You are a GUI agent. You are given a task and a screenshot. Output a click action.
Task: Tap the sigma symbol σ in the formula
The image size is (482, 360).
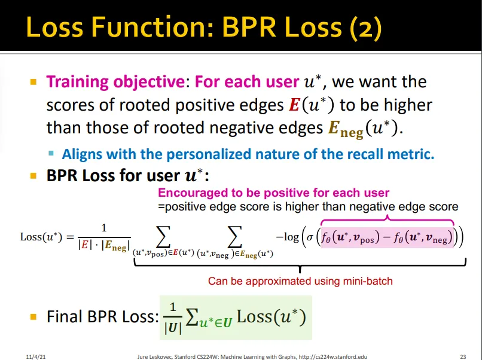tap(310, 237)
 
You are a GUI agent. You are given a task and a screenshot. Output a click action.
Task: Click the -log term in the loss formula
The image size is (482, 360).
tap(288, 237)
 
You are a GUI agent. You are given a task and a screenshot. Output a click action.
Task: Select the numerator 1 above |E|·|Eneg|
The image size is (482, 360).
tap(104, 228)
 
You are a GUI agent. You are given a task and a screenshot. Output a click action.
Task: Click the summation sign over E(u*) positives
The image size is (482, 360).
tap(163, 236)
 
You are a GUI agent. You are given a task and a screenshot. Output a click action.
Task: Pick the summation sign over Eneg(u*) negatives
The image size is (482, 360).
tap(234, 236)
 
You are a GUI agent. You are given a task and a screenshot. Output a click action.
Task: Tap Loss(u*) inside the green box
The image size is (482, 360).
tap(271, 317)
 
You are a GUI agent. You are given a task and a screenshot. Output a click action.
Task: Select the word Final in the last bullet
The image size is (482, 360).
tap(65, 317)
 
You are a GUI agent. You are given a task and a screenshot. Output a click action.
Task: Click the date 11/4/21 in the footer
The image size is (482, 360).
tap(36, 356)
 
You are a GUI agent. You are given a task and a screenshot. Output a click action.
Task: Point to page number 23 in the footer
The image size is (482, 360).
tap(463, 356)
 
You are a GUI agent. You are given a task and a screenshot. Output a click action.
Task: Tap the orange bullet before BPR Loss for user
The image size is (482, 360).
tap(33, 176)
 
